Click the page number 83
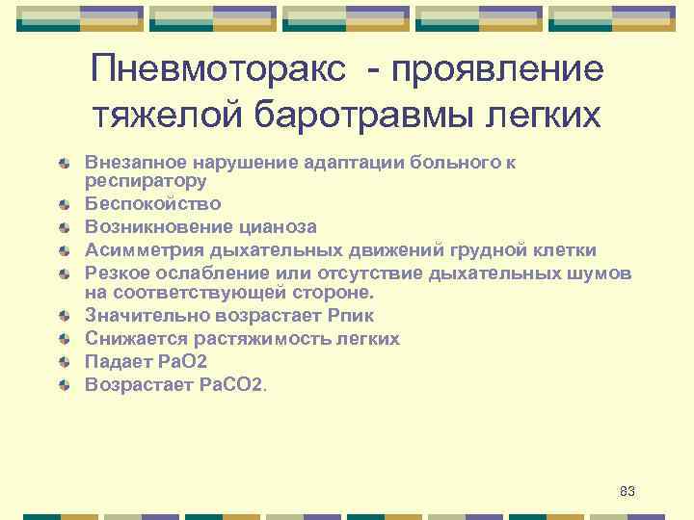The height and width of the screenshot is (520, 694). pyautogui.click(x=627, y=492)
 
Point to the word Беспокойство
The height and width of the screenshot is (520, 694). pyautogui.click(x=152, y=203)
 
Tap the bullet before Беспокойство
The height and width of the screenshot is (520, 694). pyautogui.click(x=64, y=204)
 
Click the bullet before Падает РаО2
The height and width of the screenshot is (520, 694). pyautogui.click(x=64, y=362)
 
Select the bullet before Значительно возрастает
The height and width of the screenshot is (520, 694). pyautogui.click(x=64, y=316)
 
